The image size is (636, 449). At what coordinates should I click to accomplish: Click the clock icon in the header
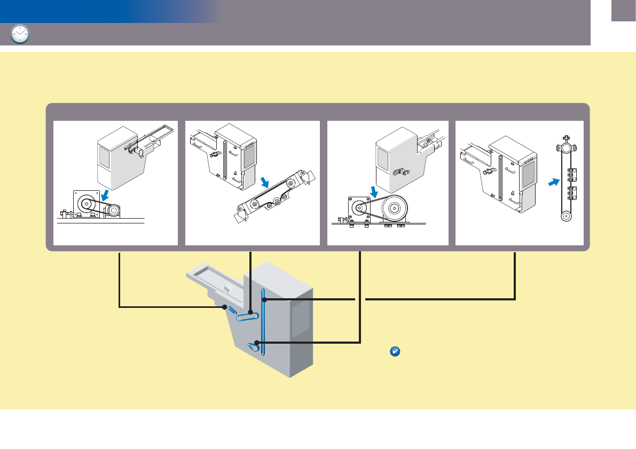point(20,35)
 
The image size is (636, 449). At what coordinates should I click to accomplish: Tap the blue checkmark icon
point(396,352)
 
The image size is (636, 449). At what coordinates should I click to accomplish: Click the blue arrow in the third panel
point(374,190)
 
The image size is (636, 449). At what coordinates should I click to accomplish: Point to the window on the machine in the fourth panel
point(528,174)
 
